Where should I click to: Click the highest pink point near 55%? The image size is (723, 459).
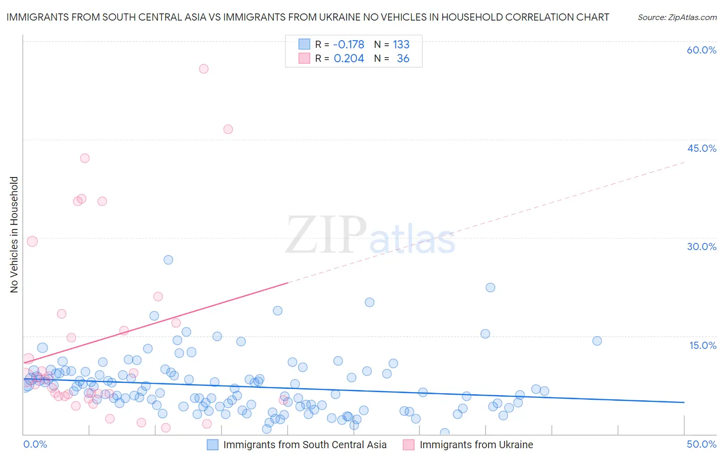pyautogui.click(x=204, y=68)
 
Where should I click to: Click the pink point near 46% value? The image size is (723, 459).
pyautogui.click(x=228, y=129)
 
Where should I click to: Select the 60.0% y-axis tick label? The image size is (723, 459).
pyautogui.click(x=701, y=50)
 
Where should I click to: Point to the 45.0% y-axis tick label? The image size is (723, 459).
pyautogui.click(x=701, y=148)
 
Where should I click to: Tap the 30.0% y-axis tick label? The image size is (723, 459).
pyautogui.click(x=701, y=246)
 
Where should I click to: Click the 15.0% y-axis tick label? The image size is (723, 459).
pyautogui.click(x=702, y=345)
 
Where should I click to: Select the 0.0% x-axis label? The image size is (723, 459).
pyautogui.click(x=35, y=444)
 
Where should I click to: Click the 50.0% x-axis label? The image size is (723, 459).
pyautogui.click(x=701, y=444)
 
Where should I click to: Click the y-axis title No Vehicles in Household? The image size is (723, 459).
pyautogui.click(x=14, y=235)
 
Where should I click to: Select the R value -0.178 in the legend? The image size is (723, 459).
pyautogui.click(x=349, y=44)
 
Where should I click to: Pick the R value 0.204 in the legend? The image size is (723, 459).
pyautogui.click(x=349, y=59)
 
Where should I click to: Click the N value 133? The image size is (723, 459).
pyautogui.click(x=401, y=44)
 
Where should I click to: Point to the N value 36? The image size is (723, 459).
pyautogui.click(x=403, y=59)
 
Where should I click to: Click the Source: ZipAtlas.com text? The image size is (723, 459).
pyautogui.click(x=677, y=17)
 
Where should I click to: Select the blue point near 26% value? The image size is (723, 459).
pyautogui.click(x=168, y=260)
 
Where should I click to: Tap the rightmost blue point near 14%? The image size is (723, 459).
pyautogui.click(x=597, y=341)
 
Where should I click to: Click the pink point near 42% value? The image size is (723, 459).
pyautogui.click(x=85, y=158)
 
